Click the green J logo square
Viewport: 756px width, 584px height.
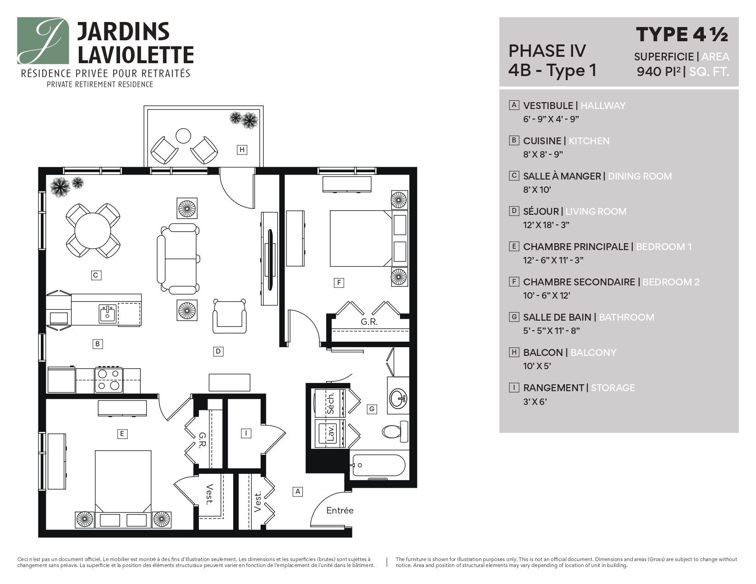click(43, 41)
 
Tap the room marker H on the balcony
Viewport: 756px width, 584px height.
click(242, 149)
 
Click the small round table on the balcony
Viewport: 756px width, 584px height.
click(183, 136)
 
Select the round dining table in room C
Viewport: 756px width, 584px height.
click(93, 230)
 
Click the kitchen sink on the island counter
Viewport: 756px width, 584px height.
click(107, 314)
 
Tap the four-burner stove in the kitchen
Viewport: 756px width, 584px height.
click(109, 380)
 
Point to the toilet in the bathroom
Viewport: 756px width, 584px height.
click(394, 431)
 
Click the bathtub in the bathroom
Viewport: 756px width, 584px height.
click(378, 465)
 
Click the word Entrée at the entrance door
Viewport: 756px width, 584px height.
click(340, 510)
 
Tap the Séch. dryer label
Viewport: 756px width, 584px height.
click(331, 403)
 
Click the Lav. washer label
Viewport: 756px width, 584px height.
click(331, 433)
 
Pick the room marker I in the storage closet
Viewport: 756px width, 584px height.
click(246, 433)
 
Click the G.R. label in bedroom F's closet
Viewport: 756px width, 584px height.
click(369, 322)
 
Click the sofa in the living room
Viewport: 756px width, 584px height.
click(179, 258)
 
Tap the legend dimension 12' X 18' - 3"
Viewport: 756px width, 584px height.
click(546, 225)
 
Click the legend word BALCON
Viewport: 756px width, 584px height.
click(543, 352)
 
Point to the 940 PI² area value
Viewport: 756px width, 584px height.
click(658, 71)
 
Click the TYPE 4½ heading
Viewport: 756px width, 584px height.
click(681, 34)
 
